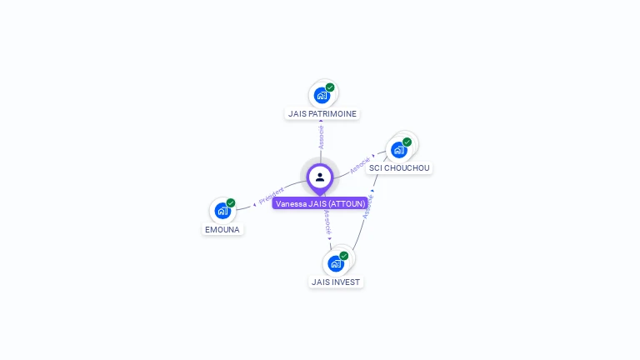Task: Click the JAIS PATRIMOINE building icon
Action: click(322, 96)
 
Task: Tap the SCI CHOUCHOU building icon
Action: click(398, 150)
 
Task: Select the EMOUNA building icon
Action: click(222, 212)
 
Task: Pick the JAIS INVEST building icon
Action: click(336, 264)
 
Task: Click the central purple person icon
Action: click(320, 177)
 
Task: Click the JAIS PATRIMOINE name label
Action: click(322, 113)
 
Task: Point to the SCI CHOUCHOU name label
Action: click(399, 167)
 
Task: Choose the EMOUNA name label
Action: click(222, 229)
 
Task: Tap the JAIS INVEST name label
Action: click(336, 282)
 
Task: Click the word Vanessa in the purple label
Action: click(291, 203)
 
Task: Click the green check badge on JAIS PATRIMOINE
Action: click(330, 87)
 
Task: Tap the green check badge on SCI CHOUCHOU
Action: click(407, 142)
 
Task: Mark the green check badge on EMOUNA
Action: click(231, 202)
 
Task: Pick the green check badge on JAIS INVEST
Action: click(343, 256)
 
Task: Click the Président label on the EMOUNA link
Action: click(271, 197)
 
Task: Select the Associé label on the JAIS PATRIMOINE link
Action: click(322, 137)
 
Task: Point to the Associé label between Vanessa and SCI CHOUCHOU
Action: click(360, 164)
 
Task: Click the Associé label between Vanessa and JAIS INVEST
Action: click(327, 222)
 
